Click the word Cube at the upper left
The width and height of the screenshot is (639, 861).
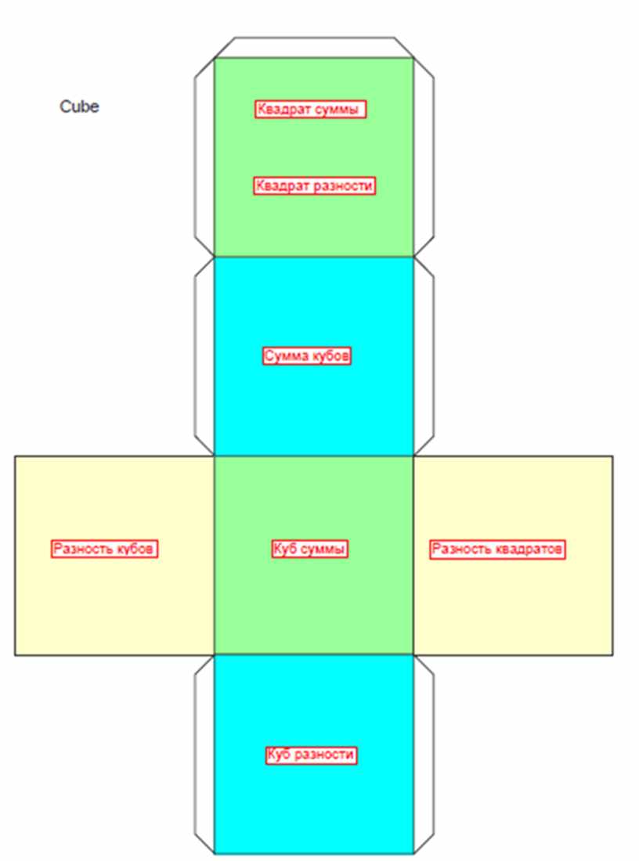[79, 106]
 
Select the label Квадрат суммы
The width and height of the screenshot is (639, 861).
[310, 109]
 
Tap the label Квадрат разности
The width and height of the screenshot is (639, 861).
[314, 186]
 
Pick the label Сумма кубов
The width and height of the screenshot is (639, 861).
[307, 356]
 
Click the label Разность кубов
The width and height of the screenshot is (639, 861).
[104, 549]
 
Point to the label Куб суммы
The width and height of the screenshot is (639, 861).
[310, 549]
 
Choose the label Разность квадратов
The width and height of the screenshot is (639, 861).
[497, 549]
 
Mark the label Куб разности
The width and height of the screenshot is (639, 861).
[311, 755]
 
